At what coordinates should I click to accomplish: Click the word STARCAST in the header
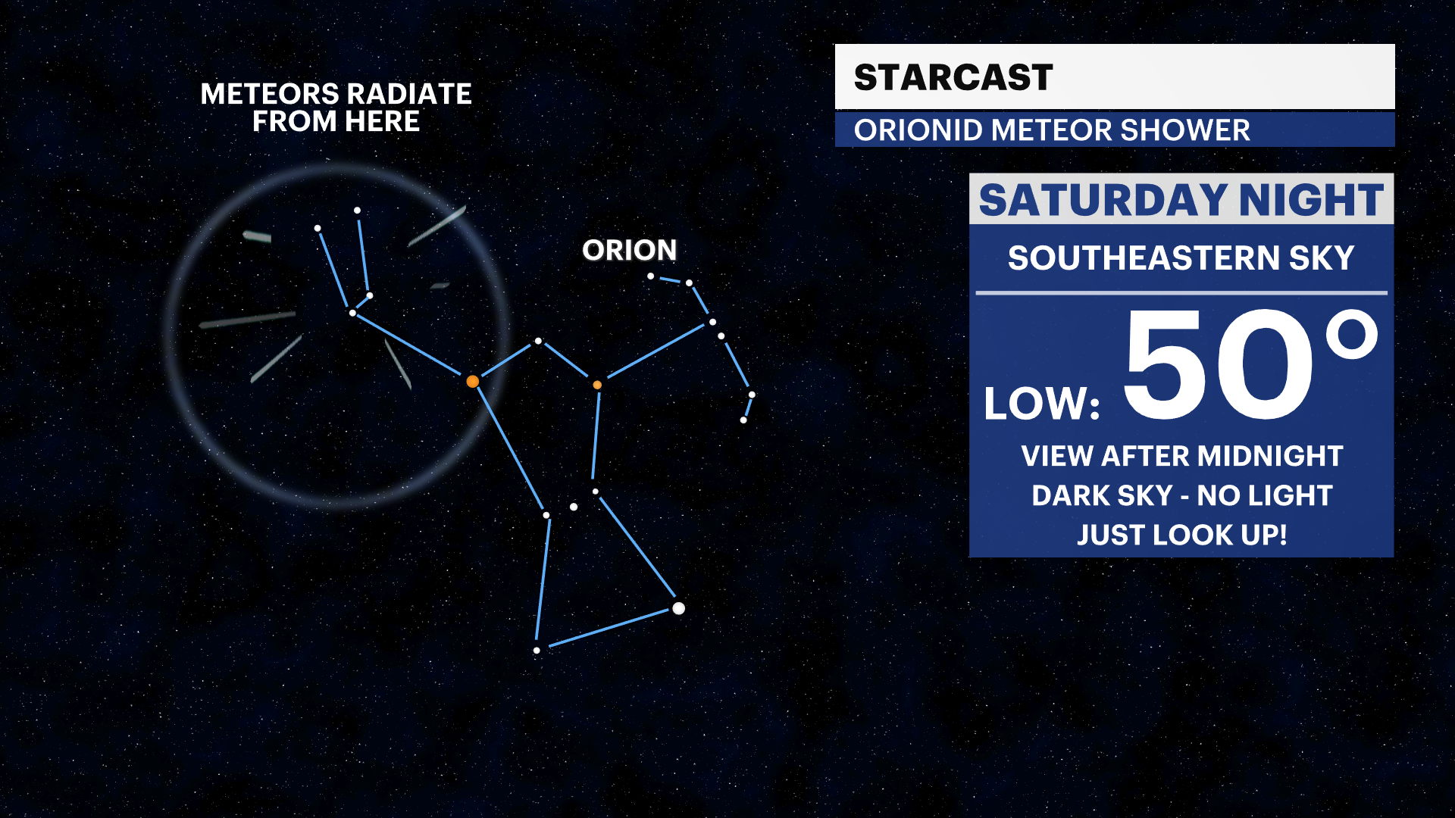click(953, 77)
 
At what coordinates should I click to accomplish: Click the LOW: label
click(1041, 404)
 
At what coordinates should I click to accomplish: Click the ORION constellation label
click(629, 251)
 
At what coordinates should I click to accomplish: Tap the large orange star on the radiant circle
click(473, 381)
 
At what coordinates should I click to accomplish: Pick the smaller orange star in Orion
click(597, 385)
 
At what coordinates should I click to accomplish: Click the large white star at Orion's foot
click(678, 608)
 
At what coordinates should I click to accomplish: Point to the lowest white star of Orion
click(537, 651)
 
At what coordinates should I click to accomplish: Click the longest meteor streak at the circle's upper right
click(436, 226)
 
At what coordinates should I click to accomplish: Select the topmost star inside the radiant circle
click(357, 211)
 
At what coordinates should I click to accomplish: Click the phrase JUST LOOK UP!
click(1181, 535)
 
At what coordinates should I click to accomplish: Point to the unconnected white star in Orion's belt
click(574, 507)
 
